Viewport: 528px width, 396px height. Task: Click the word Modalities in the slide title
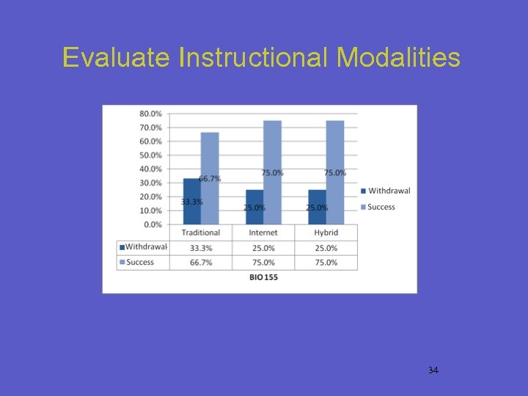tap(398, 57)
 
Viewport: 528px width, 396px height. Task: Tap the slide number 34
tap(433, 370)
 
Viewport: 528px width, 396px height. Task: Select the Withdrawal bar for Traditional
tap(191, 201)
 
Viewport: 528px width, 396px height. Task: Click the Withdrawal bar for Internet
tap(254, 207)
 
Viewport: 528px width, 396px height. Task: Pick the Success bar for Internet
tap(272, 172)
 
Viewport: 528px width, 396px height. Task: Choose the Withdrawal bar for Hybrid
tap(317, 207)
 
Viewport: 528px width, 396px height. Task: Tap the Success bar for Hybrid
tap(335, 172)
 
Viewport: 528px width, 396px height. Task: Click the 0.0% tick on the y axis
tap(153, 224)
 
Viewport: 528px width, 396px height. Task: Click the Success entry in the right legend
tap(381, 207)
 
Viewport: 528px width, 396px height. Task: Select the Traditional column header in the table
tap(200, 232)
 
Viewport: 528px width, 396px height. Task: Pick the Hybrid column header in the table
tap(326, 232)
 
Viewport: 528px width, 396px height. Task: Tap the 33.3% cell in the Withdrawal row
tap(200, 247)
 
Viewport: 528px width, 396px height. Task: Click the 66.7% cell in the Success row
tap(200, 262)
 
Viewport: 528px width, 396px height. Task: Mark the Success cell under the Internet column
tap(263, 262)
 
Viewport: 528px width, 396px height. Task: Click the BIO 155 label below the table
tap(263, 277)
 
